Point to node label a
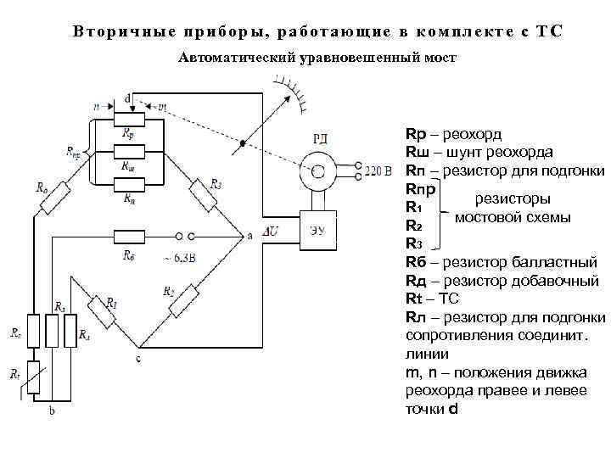(249, 237)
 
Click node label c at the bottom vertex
(137, 359)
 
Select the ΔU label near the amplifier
(271, 231)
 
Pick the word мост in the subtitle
(439, 58)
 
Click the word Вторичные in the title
(118, 31)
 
